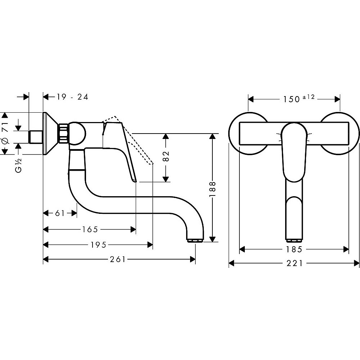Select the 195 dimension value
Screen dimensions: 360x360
point(98,245)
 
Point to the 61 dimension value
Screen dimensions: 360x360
point(60,213)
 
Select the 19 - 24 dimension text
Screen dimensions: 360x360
point(72,96)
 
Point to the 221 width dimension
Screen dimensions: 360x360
point(294,264)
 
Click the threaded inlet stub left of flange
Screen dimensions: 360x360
point(35,137)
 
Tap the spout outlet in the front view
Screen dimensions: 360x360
point(294,240)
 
